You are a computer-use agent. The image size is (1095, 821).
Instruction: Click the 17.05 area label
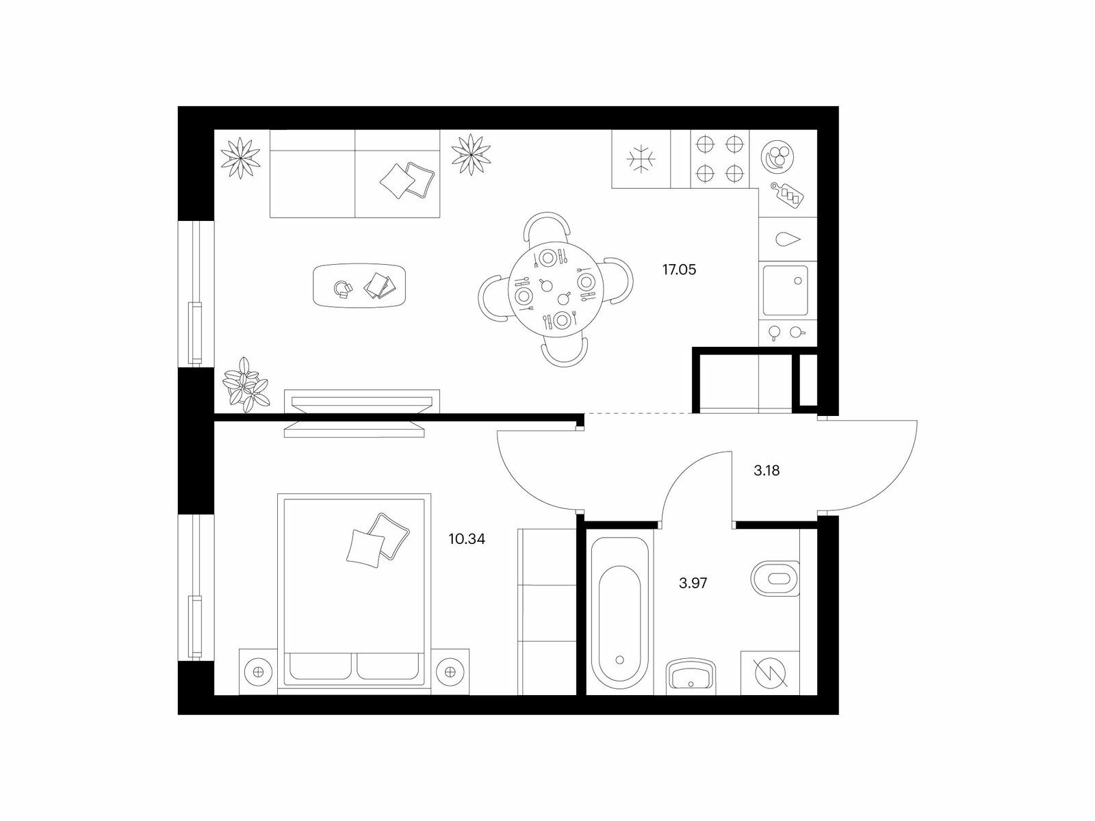(679, 270)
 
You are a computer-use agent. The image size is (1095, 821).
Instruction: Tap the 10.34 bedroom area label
(467, 539)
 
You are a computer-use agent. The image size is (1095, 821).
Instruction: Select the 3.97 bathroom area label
(693, 583)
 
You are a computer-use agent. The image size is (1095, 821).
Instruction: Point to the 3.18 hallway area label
(766, 471)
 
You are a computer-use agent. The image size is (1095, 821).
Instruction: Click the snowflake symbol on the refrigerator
(641, 159)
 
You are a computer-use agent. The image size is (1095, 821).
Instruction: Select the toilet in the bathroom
(775, 579)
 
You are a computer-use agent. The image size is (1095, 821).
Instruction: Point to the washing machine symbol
(770, 673)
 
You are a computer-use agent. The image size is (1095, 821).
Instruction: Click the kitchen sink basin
(785, 290)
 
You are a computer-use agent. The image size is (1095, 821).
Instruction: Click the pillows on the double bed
(378, 540)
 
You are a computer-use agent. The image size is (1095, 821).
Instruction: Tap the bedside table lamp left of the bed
(258, 671)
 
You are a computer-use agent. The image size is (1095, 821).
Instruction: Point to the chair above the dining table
(547, 228)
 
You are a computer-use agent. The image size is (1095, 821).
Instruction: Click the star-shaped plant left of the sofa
(241, 157)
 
